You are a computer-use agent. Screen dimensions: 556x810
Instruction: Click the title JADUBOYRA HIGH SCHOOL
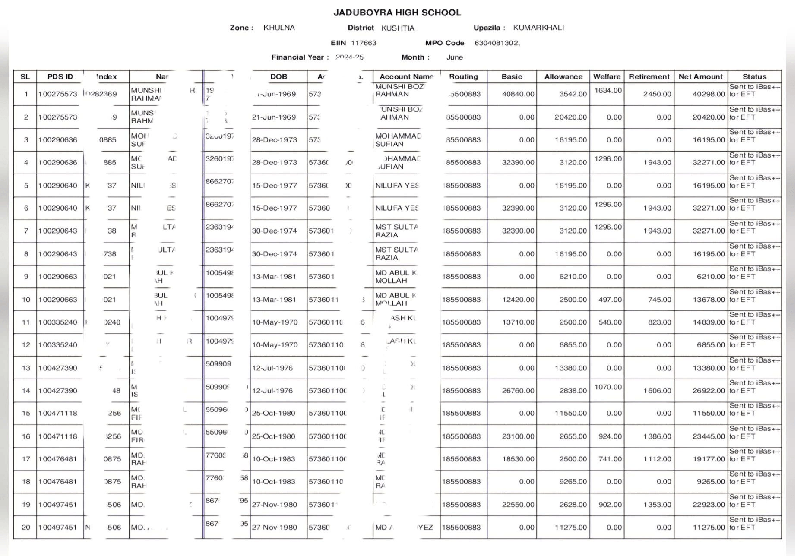pyautogui.click(x=397, y=13)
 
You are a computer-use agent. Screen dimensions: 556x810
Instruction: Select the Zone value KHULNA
pyautogui.click(x=279, y=28)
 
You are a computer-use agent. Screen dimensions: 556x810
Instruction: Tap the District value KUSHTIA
pyautogui.click(x=398, y=28)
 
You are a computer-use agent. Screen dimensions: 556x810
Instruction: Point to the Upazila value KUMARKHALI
pyautogui.click(x=538, y=28)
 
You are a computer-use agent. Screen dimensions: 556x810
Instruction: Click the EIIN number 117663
pyautogui.click(x=364, y=43)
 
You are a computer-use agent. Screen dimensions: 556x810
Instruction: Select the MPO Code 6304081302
pyautogui.click(x=497, y=43)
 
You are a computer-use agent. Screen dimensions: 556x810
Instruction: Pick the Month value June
pyautogui.click(x=454, y=57)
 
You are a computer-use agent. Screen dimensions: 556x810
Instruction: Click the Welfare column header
pyautogui.click(x=607, y=77)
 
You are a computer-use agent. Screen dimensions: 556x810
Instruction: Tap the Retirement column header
pyautogui.click(x=649, y=77)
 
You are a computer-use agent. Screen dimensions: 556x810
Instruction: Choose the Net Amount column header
pyautogui.click(x=700, y=77)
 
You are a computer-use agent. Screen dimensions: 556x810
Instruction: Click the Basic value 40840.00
pyautogui.click(x=518, y=94)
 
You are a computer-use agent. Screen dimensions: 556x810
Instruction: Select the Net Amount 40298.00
pyautogui.click(x=709, y=94)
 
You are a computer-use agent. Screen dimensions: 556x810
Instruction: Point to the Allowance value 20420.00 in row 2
pyautogui.click(x=570, y=117)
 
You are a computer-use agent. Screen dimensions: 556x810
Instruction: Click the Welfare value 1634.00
pyautogui.click(x=608, y=91)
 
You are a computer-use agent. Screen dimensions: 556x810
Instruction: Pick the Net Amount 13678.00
pyautogui.click(x=709, y=300)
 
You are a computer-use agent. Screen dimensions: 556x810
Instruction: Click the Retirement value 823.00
pyautogui.click(x=659, y=322)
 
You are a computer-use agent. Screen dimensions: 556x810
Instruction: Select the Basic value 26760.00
pyautogui.click(x=518, y=391)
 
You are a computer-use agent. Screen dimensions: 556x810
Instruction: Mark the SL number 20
pyautogui.click(x=26, y=528)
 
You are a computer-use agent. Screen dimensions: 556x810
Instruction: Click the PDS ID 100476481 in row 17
pyautogui.click(x=57, y=459)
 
